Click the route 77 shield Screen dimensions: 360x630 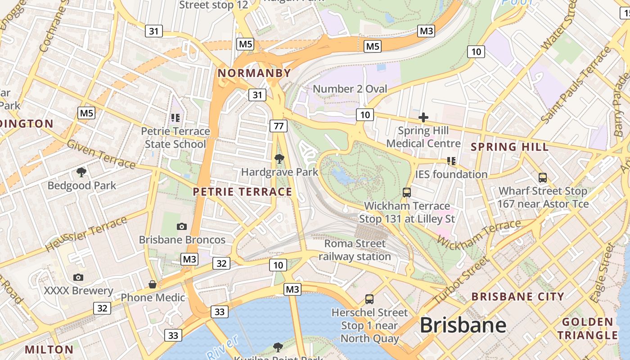click(279, 126)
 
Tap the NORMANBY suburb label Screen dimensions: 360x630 click(254, 73)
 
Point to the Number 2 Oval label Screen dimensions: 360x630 click(350, 89)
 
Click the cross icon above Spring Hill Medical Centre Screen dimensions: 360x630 click(423, 118)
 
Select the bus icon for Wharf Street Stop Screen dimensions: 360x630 click(543, 178)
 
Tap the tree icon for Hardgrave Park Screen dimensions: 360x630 click(279, 158)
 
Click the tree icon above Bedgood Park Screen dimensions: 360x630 click(81, 172)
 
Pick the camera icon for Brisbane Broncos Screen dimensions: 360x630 click(182, 226)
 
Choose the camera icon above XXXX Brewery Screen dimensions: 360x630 click(78, 277)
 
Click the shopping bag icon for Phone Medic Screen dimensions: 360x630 click(153, 284)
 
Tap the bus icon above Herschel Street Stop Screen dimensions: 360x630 click(369, 299)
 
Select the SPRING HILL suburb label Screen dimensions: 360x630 click(509, 147)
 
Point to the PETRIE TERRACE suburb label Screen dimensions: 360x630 click(242, 192)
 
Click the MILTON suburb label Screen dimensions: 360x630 click(49, 349)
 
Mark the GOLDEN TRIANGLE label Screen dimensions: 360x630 click(587, 328)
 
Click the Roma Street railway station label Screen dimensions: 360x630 click(355, 250)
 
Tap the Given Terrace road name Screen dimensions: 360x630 click(101, 154)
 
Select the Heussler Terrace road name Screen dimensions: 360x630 click(86, 234)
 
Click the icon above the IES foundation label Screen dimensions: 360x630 click(451, 161)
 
